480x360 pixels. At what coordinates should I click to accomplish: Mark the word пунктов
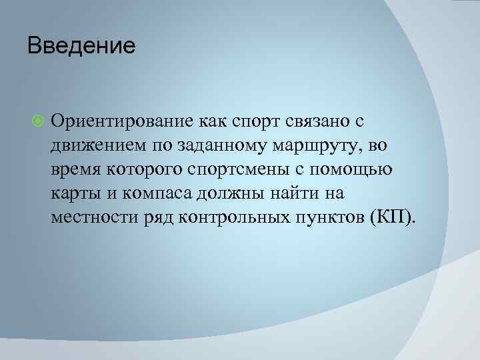coord(331,217)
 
